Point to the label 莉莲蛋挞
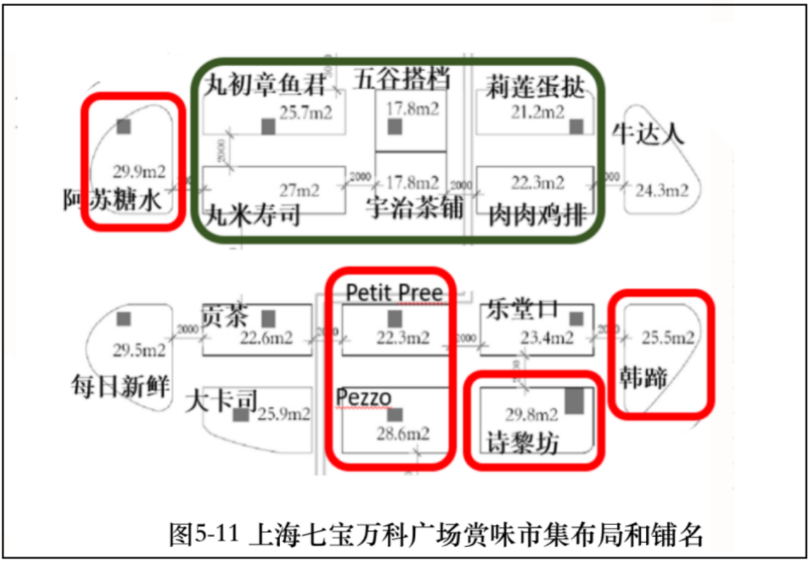[535, 88]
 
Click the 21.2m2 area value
[538, 112]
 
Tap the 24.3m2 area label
[662, 190]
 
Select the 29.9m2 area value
[139, 171]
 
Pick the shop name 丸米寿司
[252, 215]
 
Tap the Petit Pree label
[394, 294]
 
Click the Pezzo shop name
[364, 397]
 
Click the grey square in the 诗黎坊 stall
[574, 401]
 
